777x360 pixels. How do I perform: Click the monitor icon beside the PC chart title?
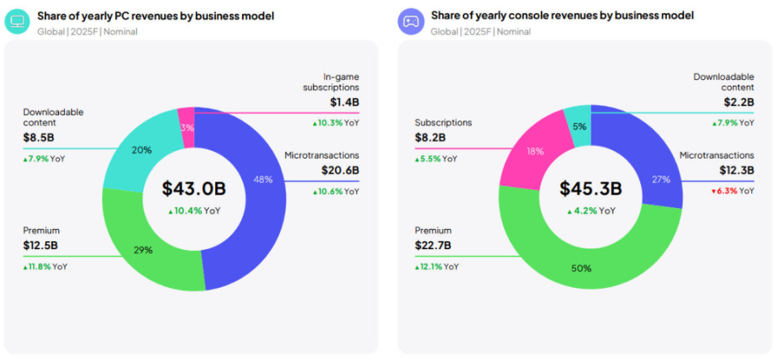15,22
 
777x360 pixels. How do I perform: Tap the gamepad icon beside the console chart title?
410,22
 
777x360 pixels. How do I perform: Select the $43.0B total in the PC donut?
193,188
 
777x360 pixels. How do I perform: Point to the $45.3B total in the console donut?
590,188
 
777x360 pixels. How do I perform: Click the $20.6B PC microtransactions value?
340,170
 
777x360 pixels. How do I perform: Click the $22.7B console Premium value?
434,246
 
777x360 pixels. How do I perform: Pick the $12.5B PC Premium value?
40,246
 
